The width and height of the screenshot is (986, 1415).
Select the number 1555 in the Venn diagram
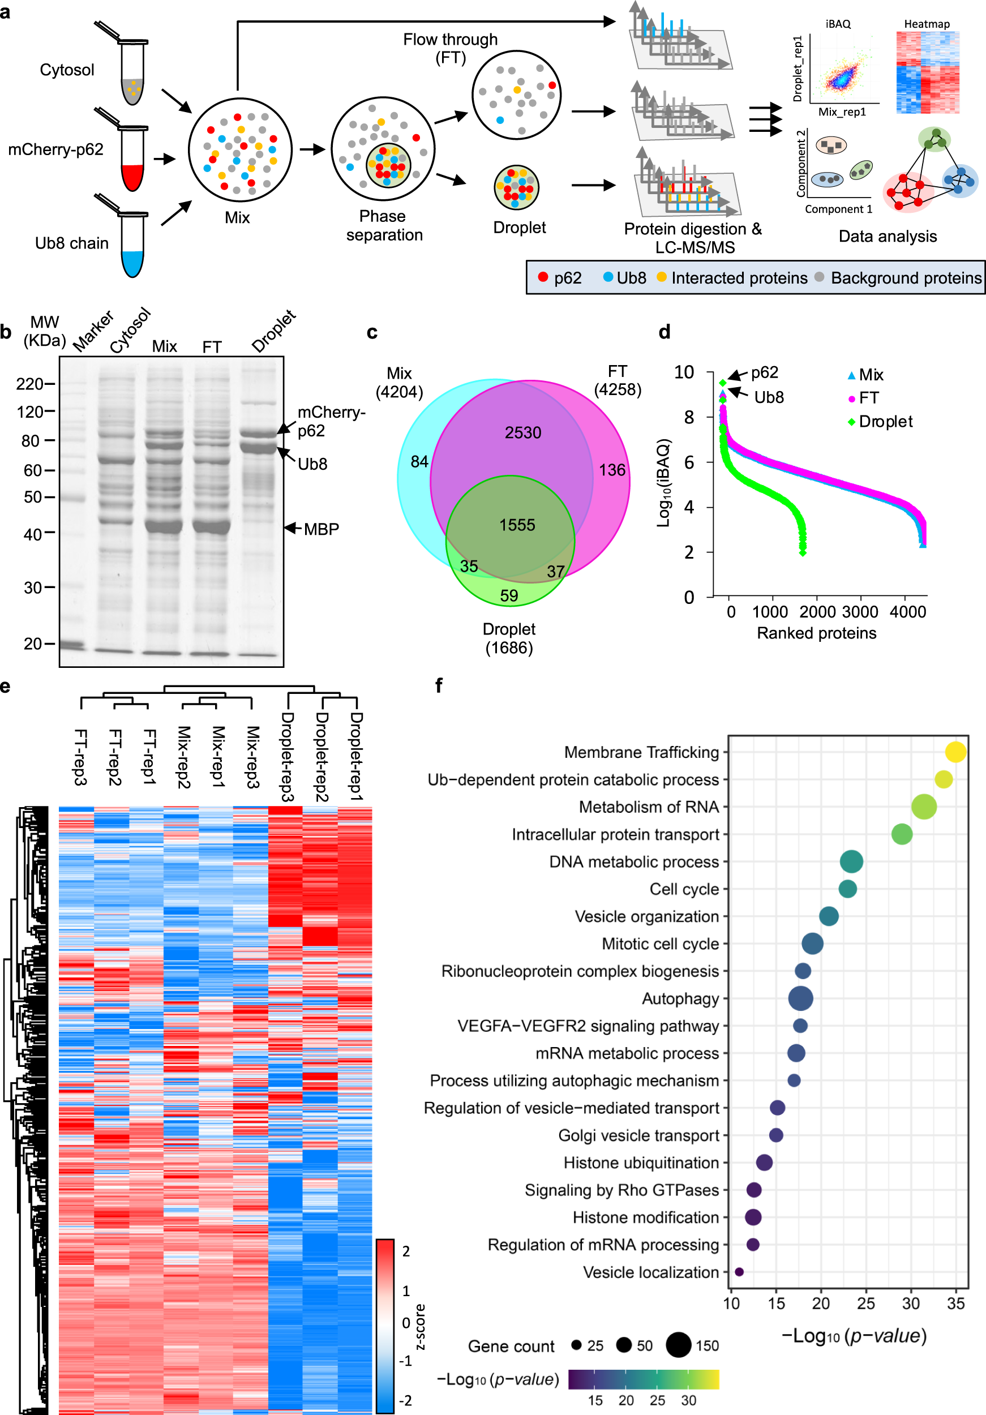click(x=517, y=525)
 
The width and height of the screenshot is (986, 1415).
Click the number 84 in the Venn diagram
click(x=419, y=462)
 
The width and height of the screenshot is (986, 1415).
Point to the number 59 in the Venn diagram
click(x=509, y=595)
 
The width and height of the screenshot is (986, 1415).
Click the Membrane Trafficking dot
click(x=955, y=752)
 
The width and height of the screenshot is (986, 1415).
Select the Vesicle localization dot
click(x=739, y=1272)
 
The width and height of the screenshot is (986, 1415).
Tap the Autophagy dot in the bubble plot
click(x=800, y=998)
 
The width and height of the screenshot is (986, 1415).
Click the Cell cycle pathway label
click(x=684, y=889)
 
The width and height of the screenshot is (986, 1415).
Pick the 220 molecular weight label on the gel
click(x=29, y=384)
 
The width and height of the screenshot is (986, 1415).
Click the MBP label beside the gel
click(x=321, y=529)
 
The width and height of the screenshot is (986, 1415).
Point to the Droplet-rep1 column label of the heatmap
click(x=356, y=756)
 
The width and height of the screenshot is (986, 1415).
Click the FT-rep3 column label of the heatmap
click(x=80, y=756)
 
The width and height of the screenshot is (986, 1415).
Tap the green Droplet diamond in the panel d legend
click(x=851, y=422)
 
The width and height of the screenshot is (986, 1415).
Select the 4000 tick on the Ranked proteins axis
click(x=908, y=612)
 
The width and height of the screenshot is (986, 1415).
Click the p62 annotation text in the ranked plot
click(x=764, y=372)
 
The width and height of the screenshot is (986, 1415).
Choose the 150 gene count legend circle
click(x=678, y=1345)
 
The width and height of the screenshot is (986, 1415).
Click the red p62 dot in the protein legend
click(x=543, y=277)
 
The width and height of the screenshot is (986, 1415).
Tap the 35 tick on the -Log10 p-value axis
click(x=955, y=1303)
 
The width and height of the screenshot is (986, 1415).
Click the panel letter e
click(x=6, y=686)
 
